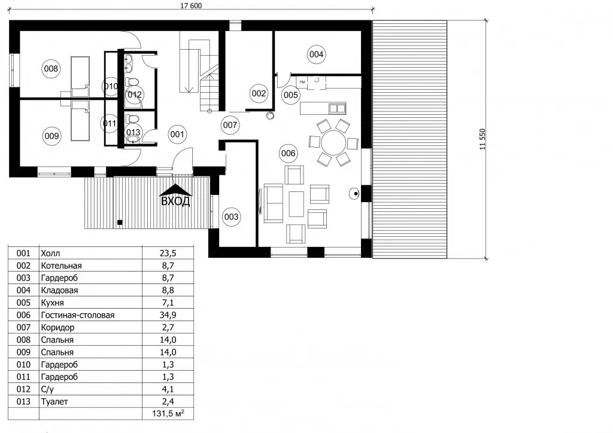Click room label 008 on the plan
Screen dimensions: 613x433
[x=51, y=69]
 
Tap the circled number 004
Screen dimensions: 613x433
[x=316, y=54]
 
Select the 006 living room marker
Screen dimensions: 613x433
[x=289, y=153]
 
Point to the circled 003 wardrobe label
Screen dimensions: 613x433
[x=231, y=216]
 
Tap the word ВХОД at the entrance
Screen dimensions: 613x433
[x=175, y=201]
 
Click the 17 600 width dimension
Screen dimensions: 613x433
[x=191, y=5]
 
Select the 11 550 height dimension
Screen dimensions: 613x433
[x=482, y=139]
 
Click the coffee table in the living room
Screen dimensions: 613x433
[x=296, y=204]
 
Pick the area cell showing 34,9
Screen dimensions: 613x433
[x=168, y=315]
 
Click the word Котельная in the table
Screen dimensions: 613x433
[x=62, y=266]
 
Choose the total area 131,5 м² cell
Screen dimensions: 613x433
[x=168, y=413]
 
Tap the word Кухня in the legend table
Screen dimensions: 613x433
[x=53, y=303]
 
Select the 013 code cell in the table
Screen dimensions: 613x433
[x=23, y=401]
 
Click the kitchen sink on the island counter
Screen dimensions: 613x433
[x=337, y=108]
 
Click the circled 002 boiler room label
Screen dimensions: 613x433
[x=259, y=93]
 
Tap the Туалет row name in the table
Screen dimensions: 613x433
[x=54, y=401]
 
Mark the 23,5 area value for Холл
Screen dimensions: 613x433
[x=168, y=253]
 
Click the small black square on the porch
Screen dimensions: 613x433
[x=120, y=222]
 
